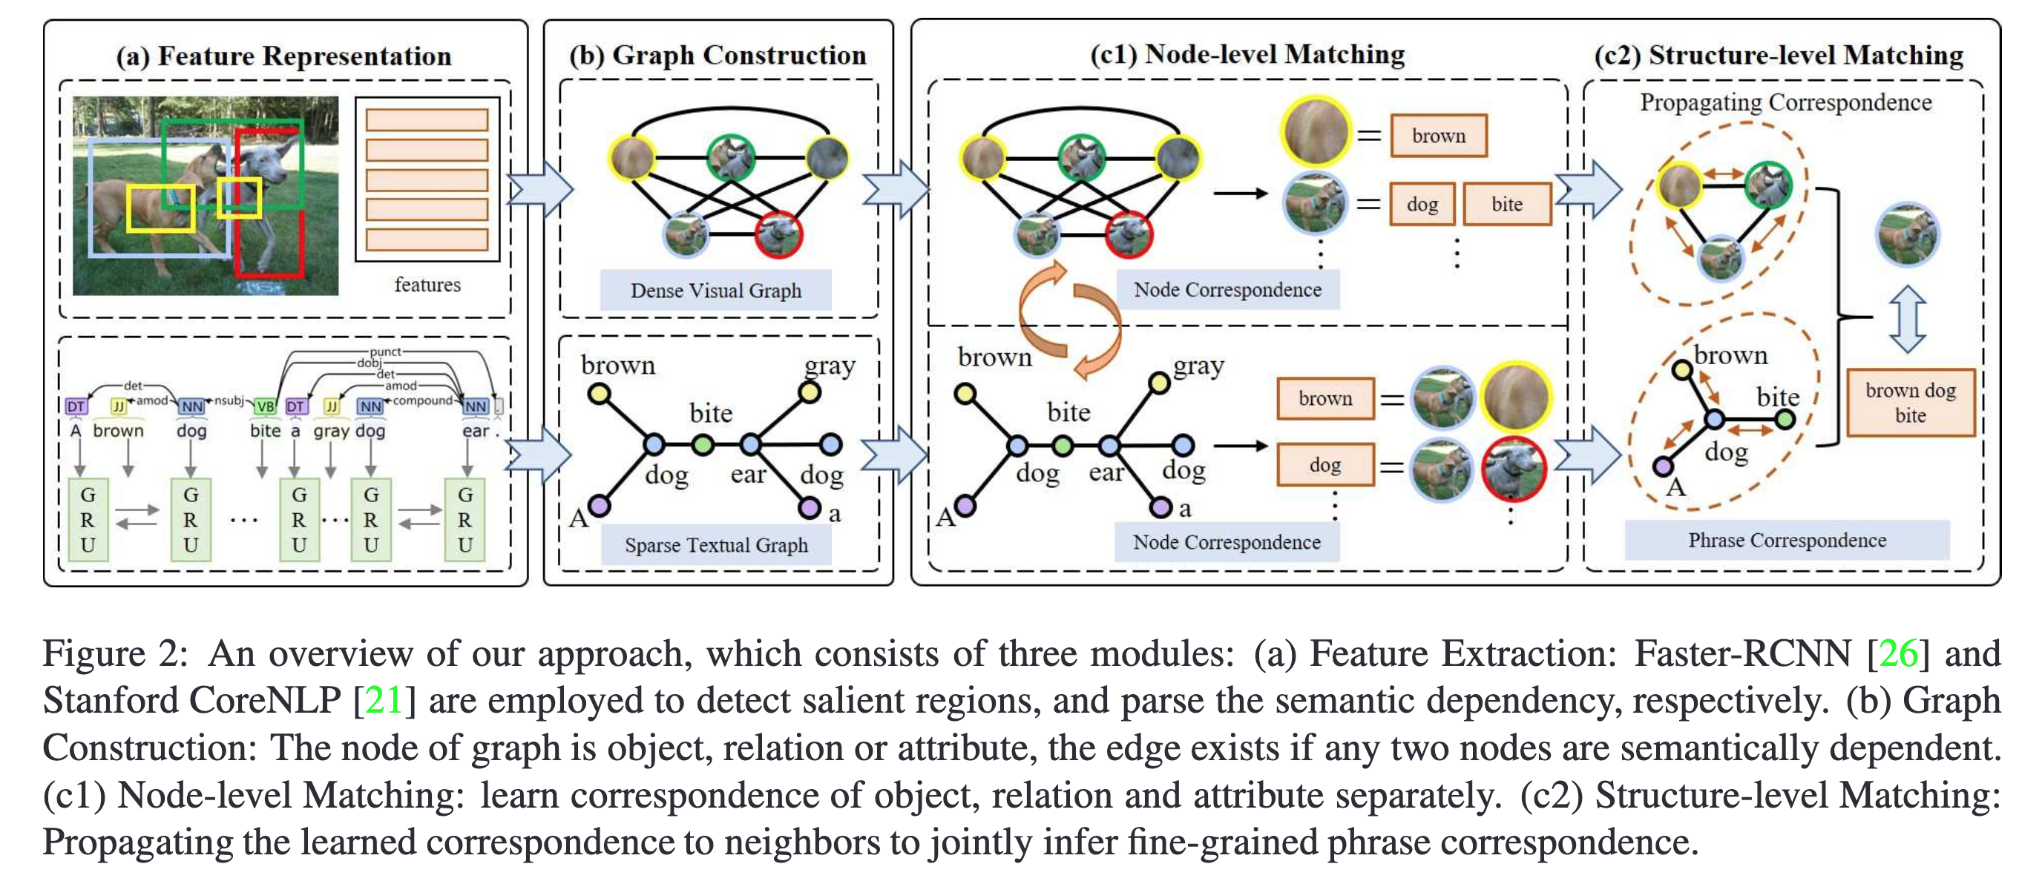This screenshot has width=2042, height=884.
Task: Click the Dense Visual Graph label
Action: (715, 291)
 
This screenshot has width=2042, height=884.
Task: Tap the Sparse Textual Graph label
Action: (716, 545)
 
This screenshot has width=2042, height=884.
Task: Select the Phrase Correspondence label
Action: (1787, 540)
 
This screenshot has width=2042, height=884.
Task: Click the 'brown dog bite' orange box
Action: (1911, 403)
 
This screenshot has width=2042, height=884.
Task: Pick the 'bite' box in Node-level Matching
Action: (1506, 205)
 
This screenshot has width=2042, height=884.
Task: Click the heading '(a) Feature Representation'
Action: (283, 56)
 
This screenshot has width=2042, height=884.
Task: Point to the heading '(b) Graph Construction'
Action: (718, 55)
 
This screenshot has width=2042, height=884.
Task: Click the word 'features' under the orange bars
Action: (427, 284)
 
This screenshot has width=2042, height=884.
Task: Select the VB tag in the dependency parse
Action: (265, 406)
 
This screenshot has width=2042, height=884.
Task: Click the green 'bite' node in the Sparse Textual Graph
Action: (703, 444)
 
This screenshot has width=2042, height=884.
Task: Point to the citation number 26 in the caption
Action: (1899, 653)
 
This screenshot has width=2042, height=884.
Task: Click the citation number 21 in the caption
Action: (384, 700)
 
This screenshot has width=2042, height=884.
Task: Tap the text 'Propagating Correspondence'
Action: (1785, 103)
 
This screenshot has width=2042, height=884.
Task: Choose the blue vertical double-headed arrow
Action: (1907, 318)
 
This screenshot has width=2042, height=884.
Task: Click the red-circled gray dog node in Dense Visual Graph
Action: (778, 234)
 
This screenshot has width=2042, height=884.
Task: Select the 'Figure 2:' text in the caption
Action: (115, 653)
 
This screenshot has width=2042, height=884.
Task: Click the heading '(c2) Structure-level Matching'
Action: (1779, 55)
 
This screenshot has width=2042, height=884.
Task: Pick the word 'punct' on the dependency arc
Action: (385, 352)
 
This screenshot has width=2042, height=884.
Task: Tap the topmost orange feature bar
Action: (427, 119)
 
